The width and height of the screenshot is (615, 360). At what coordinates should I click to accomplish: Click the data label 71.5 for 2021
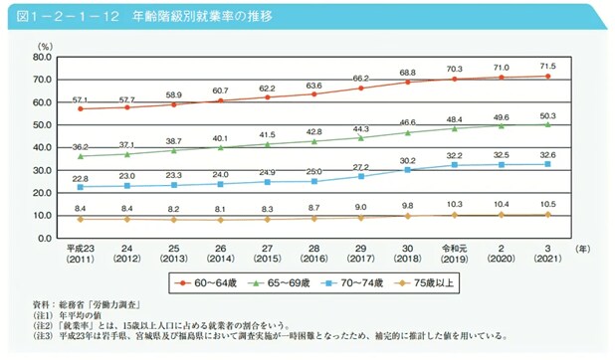pos(546,66)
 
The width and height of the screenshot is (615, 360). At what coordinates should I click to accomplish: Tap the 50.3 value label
pos(546,115)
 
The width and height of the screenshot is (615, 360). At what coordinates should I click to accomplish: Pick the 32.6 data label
pos(546,155)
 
